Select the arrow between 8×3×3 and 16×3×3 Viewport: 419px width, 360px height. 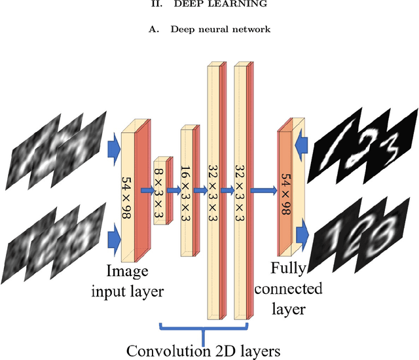[174, 190]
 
